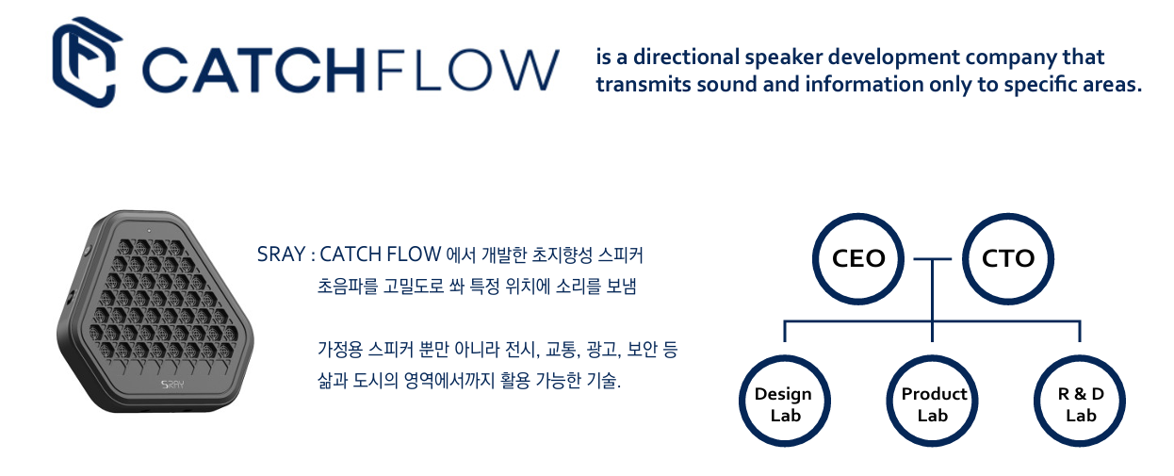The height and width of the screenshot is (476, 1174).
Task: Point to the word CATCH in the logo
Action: (x=253, y=71)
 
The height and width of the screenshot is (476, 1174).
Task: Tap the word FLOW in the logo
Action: (x=468, y=71)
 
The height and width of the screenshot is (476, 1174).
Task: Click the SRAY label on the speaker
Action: (x=172, y=385)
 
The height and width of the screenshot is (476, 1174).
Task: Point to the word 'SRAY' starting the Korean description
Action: (x=281, y=254)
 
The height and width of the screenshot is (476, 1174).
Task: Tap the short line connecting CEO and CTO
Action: (x=933, y=258)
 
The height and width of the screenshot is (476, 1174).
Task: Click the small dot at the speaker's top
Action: (x=149, y=230)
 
